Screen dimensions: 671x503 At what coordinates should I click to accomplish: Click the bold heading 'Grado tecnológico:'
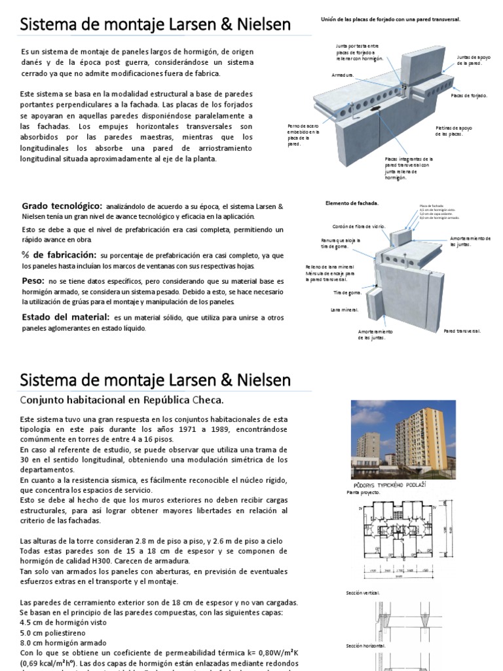click(62, 206)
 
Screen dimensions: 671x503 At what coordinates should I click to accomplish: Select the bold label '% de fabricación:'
click(60, 254)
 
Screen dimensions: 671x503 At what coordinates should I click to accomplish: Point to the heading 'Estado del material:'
click(65, 316)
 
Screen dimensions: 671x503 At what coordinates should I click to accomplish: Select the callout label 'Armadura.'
click(343, 75)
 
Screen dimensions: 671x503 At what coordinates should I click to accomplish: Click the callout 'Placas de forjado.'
click(469, 95)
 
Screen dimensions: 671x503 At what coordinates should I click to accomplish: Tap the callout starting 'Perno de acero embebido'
click(303, 134)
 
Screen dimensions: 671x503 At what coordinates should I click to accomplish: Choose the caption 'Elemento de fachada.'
click(352, 203)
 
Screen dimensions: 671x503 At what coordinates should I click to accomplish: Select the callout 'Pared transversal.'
click(462, 331)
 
